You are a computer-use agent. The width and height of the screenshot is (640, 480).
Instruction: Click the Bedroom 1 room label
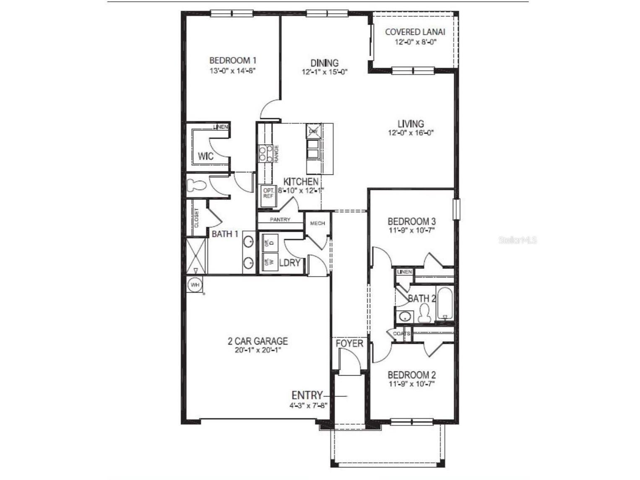232,60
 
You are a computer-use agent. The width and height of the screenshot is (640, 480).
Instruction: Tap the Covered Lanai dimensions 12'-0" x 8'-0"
415,42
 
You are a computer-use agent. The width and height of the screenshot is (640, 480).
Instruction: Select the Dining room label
324,63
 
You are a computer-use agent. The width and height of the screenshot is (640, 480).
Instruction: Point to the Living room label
411,124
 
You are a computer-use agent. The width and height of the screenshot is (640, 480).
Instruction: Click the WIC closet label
206,156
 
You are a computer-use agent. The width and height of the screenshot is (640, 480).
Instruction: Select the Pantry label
280,220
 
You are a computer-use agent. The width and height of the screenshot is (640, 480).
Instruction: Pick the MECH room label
317,223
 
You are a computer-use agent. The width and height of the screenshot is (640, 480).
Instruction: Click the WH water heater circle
195,285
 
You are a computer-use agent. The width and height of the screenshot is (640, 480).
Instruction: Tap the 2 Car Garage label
258,341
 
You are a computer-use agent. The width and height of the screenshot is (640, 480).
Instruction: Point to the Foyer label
349,344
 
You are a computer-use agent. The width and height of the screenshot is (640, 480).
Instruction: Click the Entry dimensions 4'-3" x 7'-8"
308,406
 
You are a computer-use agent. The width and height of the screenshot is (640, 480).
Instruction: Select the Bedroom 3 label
411,221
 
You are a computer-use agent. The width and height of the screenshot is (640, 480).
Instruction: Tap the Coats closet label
401,334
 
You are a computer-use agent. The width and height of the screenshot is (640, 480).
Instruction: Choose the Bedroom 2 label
411,375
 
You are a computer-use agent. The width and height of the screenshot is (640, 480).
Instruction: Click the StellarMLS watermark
518,240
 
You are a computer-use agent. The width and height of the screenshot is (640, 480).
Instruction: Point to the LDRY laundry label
289,263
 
